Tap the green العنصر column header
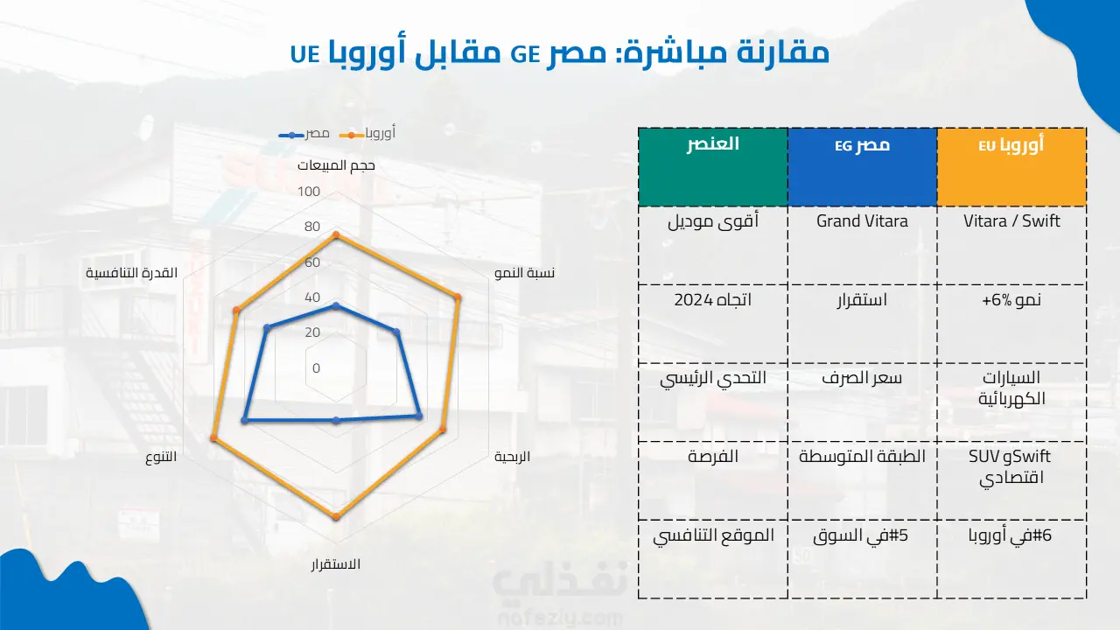pos(713,167)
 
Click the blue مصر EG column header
pos(862,167)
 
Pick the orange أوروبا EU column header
pos(1011,167)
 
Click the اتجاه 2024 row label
pos(713,300)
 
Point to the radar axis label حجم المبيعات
pos(336,165)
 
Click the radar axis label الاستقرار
pos(335,564)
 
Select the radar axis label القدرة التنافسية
pos(131,273)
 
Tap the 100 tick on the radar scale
pos(309,192)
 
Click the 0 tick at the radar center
pos(316,368)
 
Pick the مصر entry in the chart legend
pos(304,134)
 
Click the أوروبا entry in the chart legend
pos(367,133)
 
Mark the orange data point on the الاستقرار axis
pos(336,516)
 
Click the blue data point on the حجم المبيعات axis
pos(336,306)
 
